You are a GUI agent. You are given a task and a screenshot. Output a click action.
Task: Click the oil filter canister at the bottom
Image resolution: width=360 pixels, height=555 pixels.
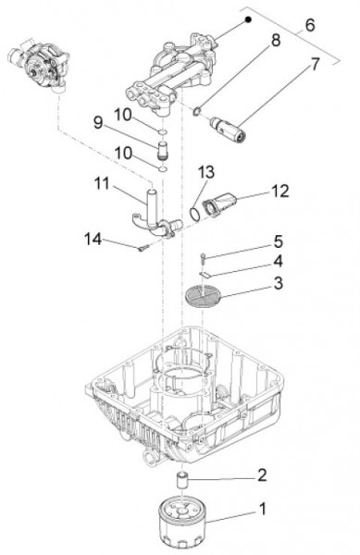point(181,524)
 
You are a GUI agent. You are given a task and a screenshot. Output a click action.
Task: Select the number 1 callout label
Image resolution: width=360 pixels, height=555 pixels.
point(262,510)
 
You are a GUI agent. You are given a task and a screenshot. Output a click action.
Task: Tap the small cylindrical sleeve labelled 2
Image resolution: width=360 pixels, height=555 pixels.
point(182,479)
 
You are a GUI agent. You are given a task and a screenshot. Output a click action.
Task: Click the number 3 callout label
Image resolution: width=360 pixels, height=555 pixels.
point(279,283)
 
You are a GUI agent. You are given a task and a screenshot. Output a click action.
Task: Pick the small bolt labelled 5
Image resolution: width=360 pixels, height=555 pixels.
point(203,258)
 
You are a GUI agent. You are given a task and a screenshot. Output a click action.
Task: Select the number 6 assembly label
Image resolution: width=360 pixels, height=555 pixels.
point(309,25)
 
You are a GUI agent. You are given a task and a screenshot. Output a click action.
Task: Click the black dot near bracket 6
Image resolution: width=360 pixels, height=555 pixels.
point(249,19)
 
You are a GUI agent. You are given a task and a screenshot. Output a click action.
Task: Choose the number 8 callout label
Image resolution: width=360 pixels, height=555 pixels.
point(276,41)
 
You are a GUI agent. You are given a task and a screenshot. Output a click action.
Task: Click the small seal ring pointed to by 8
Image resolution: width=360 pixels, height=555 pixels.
point(197,112)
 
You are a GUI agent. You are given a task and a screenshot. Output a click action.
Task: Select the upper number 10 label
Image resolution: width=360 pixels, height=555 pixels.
point(123,116)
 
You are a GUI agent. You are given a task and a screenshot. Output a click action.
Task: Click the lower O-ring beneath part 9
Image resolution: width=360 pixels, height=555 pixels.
point(163,169)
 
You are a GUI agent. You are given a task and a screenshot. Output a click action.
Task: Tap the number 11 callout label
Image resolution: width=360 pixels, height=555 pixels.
point(103,184)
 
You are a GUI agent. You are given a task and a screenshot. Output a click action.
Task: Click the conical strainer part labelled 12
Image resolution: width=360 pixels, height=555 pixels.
point(219,204)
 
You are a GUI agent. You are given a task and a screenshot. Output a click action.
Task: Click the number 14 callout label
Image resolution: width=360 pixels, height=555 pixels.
point(93,240)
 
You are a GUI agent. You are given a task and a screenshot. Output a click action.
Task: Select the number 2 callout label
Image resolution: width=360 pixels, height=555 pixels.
point(262,475)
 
